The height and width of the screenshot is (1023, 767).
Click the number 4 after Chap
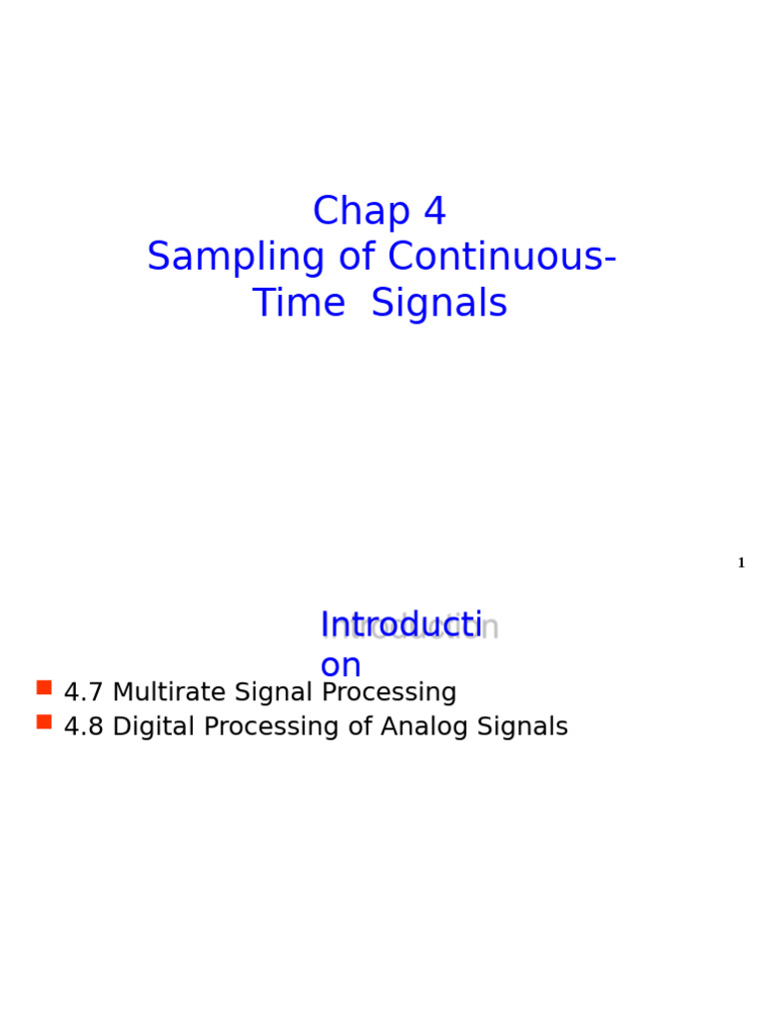click(434, 212)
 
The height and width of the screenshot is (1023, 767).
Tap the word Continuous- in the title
click(501, 258)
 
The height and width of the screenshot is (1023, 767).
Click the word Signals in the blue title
click(439, 304)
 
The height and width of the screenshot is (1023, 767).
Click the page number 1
click(741, 563)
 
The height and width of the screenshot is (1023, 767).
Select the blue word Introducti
click(400, 625)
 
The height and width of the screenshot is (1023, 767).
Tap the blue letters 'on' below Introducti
click(340, 665)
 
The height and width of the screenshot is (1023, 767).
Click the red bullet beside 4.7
click(44, 687)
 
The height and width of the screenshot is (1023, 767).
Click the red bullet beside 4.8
click(44, 721)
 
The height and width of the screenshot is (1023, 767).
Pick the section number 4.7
click(83, 692)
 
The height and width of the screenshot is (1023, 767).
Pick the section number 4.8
click(83, 727)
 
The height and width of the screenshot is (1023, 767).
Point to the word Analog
click(420, 727)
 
